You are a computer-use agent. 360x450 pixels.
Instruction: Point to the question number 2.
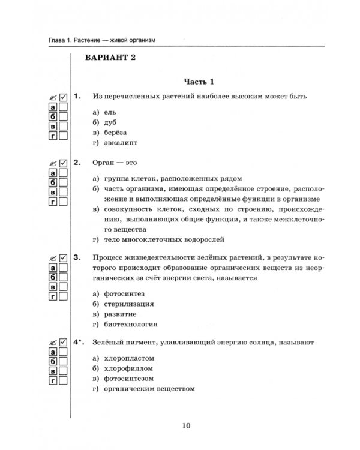(x=76, y=162)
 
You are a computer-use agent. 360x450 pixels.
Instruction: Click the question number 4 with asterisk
(x=79, y=341)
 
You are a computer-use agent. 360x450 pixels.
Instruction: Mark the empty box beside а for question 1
(x=63, y=107)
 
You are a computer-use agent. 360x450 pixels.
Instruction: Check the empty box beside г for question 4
(x=63, y=381)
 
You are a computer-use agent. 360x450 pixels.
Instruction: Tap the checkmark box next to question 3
(x=63, y=257)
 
